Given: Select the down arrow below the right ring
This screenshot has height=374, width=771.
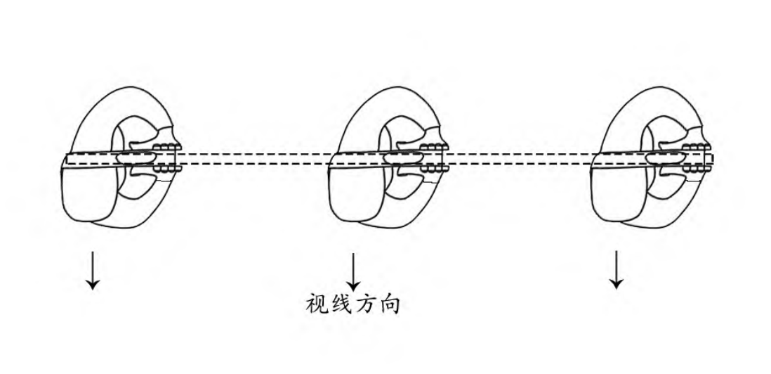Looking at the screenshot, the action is pos(616,269).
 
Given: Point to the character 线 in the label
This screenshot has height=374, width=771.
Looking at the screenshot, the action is pos(344,304).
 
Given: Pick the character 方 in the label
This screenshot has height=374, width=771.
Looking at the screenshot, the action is pos(371,304).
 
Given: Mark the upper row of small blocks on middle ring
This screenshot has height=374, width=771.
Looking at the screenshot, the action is pos(428,148).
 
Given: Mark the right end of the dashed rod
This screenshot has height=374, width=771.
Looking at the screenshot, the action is pos(711,160).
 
